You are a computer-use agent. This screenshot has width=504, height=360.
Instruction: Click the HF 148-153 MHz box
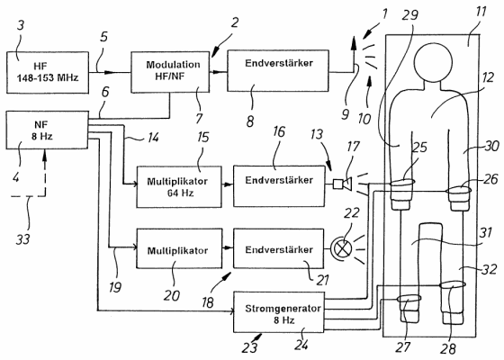tap(48, 73)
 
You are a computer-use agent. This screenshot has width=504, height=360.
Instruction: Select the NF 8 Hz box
tap(47, 130)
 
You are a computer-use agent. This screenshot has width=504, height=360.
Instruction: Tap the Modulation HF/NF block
tap(170, 72)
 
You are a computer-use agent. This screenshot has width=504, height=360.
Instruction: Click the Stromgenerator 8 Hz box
tap(279, 312)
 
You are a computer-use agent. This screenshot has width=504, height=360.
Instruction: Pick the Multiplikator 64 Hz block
tap(179, 187)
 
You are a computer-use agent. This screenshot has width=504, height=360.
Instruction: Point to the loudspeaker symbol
tap(343, 184)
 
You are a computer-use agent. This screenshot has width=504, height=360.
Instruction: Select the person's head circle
tap(433, 61)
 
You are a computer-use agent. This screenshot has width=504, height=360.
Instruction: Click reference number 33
tap(23, 238)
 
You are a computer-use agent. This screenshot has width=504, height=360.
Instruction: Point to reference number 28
tap(448, 348)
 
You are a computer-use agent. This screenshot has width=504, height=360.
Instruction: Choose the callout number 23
tap(249, 347)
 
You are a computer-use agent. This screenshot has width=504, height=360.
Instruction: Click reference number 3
tap(21, 25)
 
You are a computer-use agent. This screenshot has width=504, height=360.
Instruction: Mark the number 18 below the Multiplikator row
tap(208, 302)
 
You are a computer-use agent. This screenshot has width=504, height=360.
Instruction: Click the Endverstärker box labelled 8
tap(278, 71)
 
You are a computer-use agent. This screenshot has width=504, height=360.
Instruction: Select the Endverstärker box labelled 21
tap(278, 248)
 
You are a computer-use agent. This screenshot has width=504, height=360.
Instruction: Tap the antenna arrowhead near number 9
tap(354, 43)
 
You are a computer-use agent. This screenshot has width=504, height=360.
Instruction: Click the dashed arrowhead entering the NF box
tap(45, 155)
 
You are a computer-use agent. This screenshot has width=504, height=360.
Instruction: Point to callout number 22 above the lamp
tap(351, 213)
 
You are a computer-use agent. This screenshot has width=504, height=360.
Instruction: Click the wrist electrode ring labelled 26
tap(459, 191)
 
